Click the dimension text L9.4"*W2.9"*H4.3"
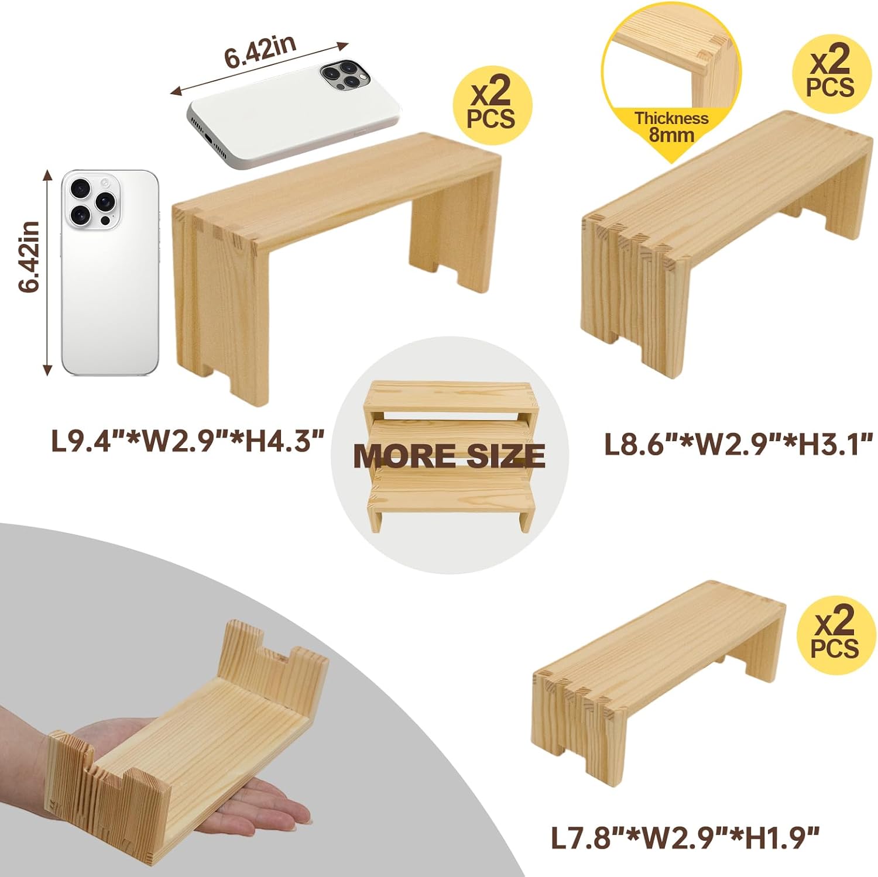point(187,441)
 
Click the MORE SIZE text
point(449,456)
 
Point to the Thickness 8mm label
point(671,126)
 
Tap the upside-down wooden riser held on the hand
point(193,749)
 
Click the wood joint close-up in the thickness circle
point(673,59)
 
